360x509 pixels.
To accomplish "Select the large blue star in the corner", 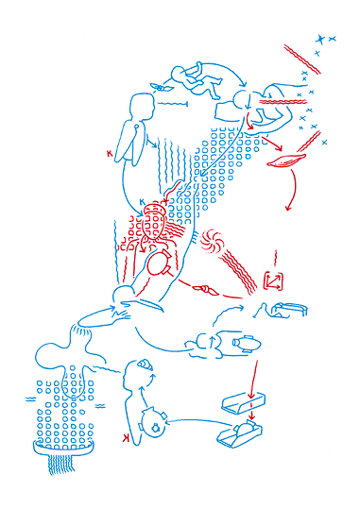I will (x=320, y=39).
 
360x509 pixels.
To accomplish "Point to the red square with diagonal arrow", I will (x=273, y=280).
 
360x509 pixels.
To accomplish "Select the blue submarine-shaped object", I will (x=239, y=345).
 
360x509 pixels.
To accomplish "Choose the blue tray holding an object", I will (x=239, y=434).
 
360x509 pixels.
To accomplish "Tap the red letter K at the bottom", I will (x=126, y=440).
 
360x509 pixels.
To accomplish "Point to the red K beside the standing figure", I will (x=110, y=151).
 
